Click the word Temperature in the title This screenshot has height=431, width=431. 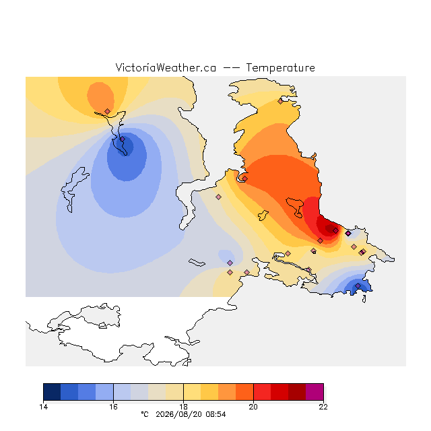[280, 67]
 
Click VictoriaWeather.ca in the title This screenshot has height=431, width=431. [166, 67]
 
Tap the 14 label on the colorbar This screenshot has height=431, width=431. [43, 407]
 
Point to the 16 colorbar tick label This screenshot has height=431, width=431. [113, 407]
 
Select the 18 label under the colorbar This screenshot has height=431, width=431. [183, 407]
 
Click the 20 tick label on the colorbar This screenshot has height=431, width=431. [253, 407]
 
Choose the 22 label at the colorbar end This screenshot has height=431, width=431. [323, 407]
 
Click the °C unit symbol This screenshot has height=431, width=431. [145, 414]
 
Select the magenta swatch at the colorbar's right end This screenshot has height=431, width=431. [314, 392]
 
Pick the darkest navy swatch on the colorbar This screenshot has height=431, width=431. [52, 392]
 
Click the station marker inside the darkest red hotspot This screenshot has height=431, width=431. [335, 230]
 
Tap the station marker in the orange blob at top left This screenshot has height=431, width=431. [108, 111]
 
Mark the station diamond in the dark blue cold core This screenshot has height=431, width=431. [123, 139]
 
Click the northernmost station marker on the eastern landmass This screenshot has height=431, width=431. [280, 102]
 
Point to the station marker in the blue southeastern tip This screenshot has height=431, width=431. [358, 286]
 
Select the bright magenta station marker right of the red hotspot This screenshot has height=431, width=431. [348, 234]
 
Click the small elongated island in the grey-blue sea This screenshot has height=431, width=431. [197, 263]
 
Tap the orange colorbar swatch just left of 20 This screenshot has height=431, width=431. [244, 392]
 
